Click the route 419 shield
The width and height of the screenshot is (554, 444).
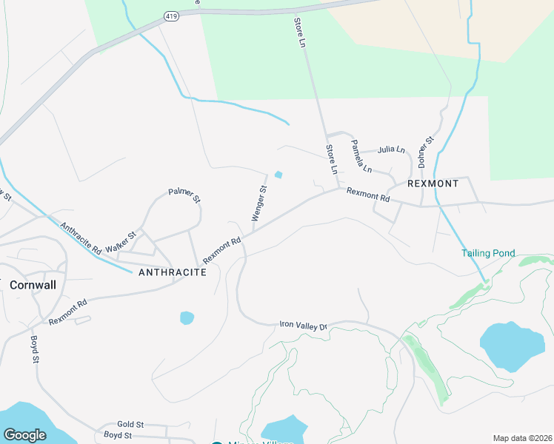[171, 16]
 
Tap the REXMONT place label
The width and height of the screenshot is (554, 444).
[433, 183]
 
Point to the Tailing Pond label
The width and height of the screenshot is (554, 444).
[488, 253]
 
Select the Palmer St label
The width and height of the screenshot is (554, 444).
[184, 195]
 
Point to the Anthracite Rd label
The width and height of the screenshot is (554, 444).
[81, 239]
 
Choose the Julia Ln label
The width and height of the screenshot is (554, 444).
[391, 149]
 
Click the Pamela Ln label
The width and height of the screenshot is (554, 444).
[361, 155]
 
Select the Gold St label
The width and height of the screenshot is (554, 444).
[130, 425]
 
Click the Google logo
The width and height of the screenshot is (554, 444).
[24, 435]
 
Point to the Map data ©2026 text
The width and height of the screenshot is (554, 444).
[521, 438]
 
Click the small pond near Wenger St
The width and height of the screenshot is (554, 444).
[278, 175]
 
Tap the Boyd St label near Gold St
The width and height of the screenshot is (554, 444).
[117, 434]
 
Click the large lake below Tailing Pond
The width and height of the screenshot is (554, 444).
[512, 346]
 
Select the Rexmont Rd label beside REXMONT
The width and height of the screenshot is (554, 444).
[368, 195]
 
